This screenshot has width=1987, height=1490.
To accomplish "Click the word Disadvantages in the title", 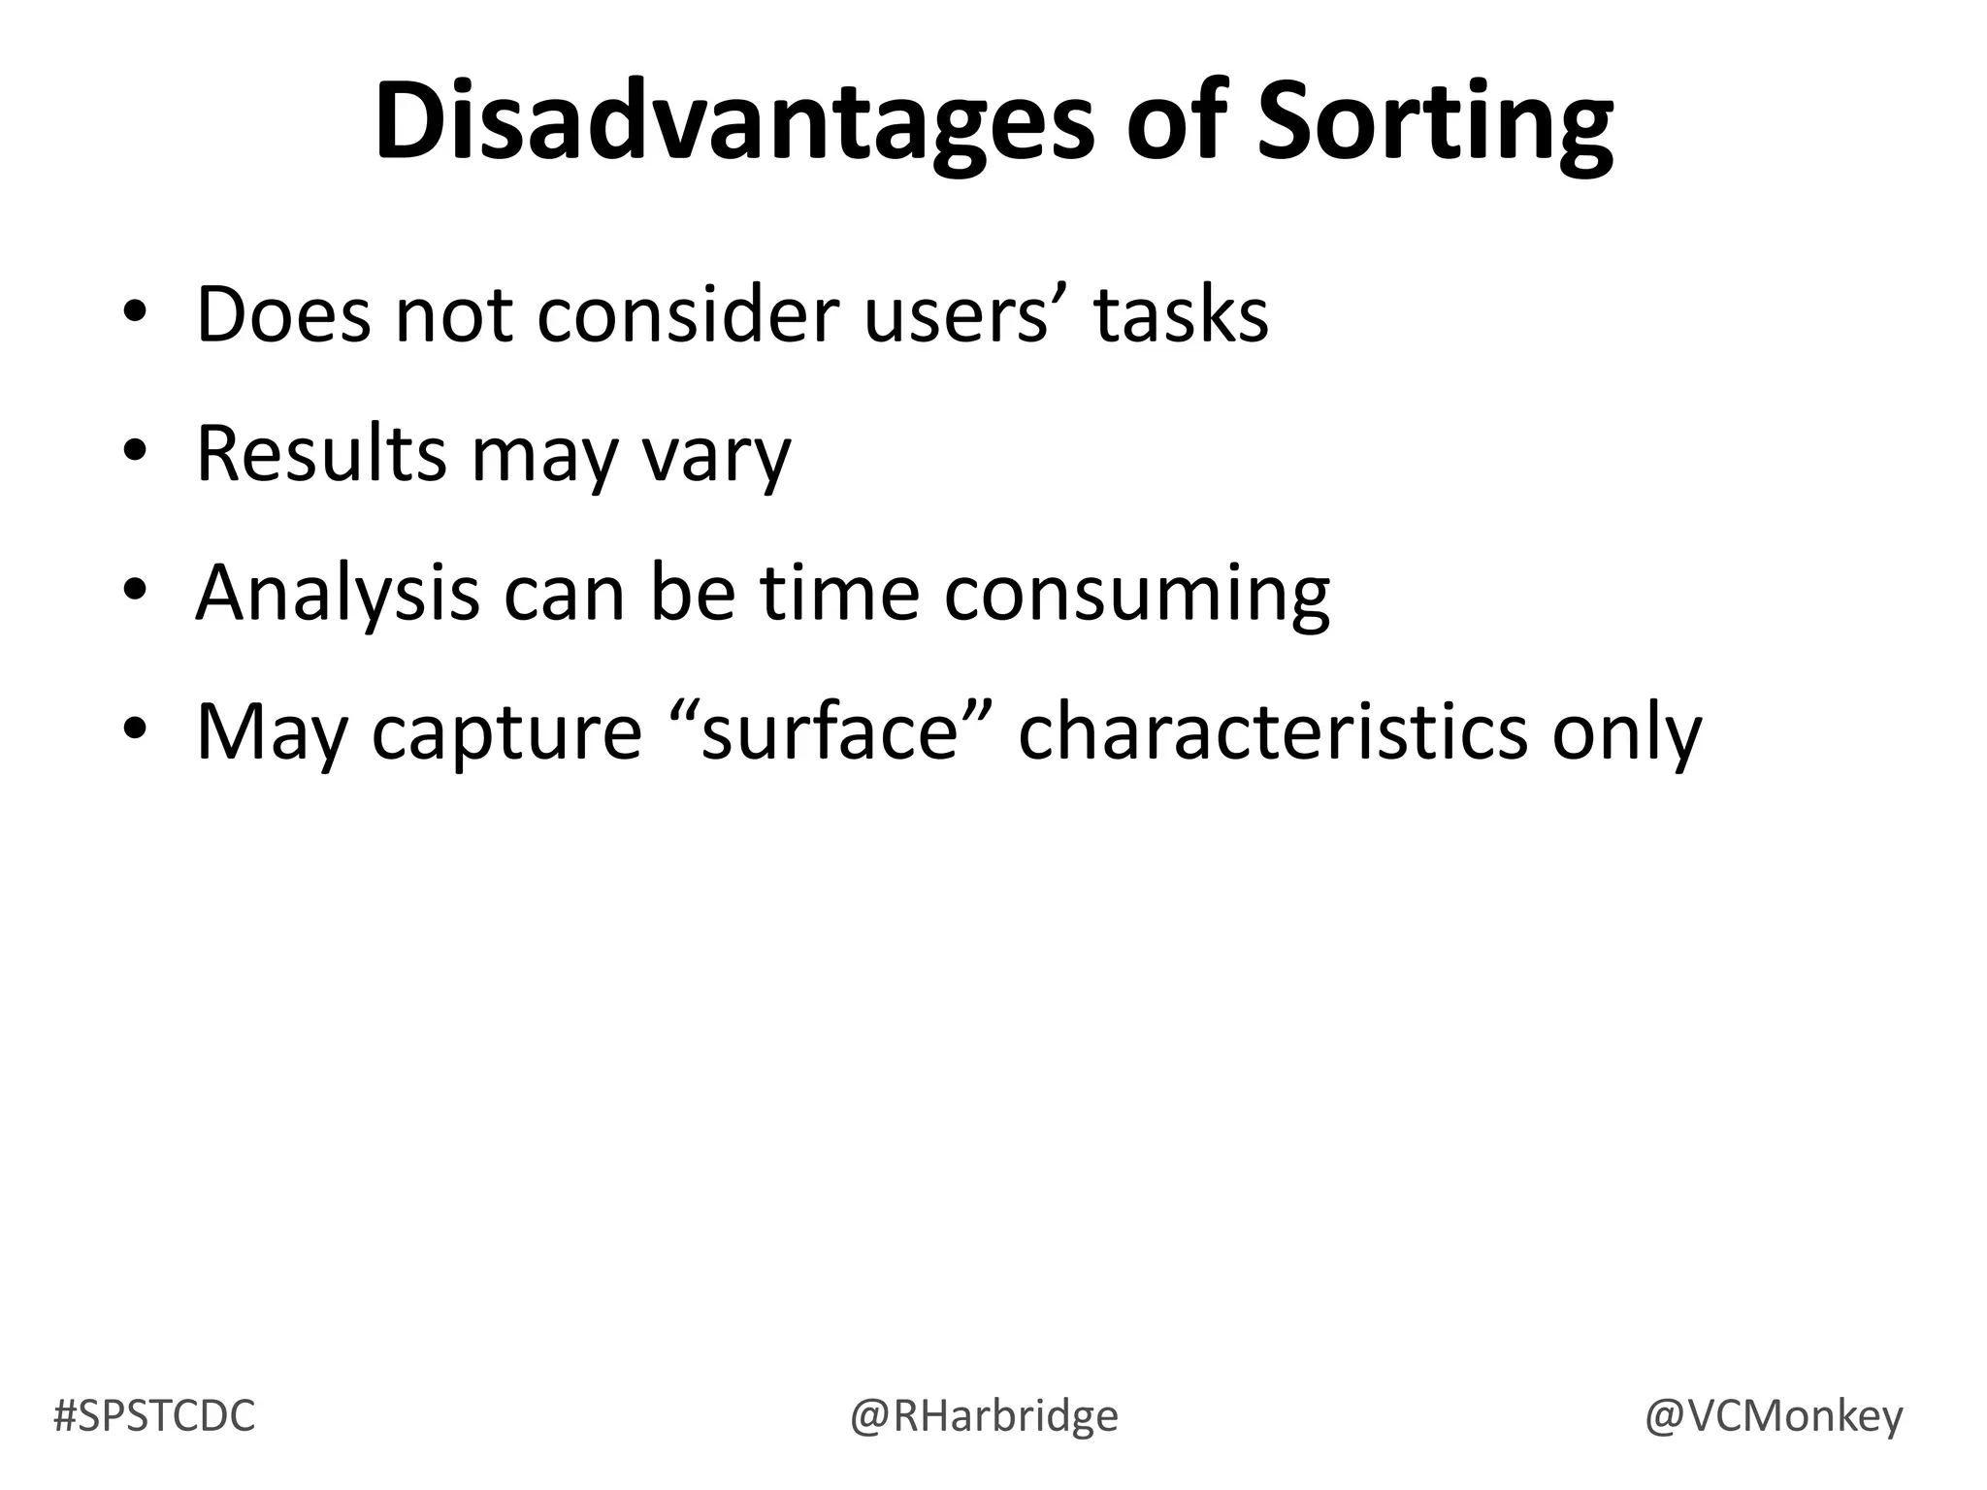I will (733, 124).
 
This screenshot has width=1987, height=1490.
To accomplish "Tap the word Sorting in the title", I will (1435, 124).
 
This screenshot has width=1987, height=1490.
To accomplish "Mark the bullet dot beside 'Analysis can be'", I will (135, 592).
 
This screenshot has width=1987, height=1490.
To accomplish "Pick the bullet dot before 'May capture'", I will (135, 730).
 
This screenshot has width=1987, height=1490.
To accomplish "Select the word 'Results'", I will (320, 453).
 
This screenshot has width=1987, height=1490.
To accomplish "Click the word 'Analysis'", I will (337, 594).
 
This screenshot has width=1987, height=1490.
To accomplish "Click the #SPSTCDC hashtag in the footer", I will (154, 1416).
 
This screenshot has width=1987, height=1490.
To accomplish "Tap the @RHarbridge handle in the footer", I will (984, 1416).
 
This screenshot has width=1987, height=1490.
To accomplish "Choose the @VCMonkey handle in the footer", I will (1774, 1416).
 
